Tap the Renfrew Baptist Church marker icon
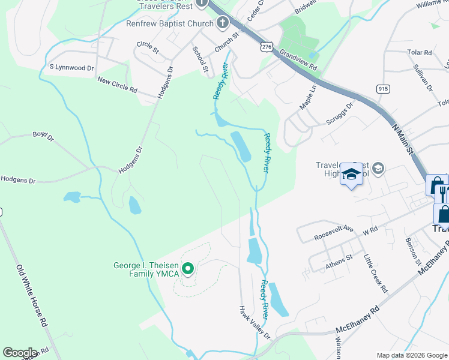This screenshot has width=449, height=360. coord(223,24)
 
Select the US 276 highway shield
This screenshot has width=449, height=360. coord(267,46)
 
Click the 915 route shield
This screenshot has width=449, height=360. coord(382,88)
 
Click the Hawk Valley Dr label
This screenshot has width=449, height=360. coord(255,323)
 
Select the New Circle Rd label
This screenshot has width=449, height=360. coord(118,86)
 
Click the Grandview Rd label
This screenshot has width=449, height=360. coord(298,61)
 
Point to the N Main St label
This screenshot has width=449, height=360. coord(403,138)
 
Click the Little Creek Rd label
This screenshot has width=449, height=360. coord(376,274)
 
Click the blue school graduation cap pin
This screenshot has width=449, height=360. coord(352,175)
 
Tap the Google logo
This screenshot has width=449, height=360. coord(19,353)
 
